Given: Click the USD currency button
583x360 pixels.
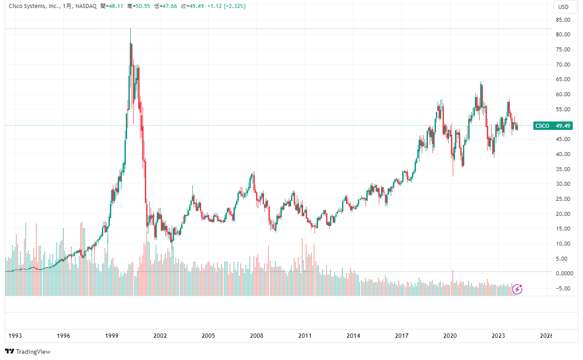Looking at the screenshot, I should pos(563,7).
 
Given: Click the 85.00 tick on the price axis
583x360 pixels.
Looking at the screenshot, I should pos(563,20).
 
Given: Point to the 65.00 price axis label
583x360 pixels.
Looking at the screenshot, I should pos(563,79).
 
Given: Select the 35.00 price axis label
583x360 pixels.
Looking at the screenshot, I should pos(563,169).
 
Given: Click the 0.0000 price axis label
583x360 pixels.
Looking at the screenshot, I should pos(563,274).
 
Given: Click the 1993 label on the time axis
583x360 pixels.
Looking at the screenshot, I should pos(16,336).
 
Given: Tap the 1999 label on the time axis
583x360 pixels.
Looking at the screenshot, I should pos(112,336).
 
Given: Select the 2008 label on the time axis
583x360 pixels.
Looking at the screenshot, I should pos(257,336).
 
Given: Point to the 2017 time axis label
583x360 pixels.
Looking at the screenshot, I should pos(402,336).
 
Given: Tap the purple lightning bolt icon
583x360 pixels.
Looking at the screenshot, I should pos(517,290).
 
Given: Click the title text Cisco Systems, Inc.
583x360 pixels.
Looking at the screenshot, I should pos(34,7).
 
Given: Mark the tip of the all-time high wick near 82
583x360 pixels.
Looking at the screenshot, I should pos(130,29).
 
